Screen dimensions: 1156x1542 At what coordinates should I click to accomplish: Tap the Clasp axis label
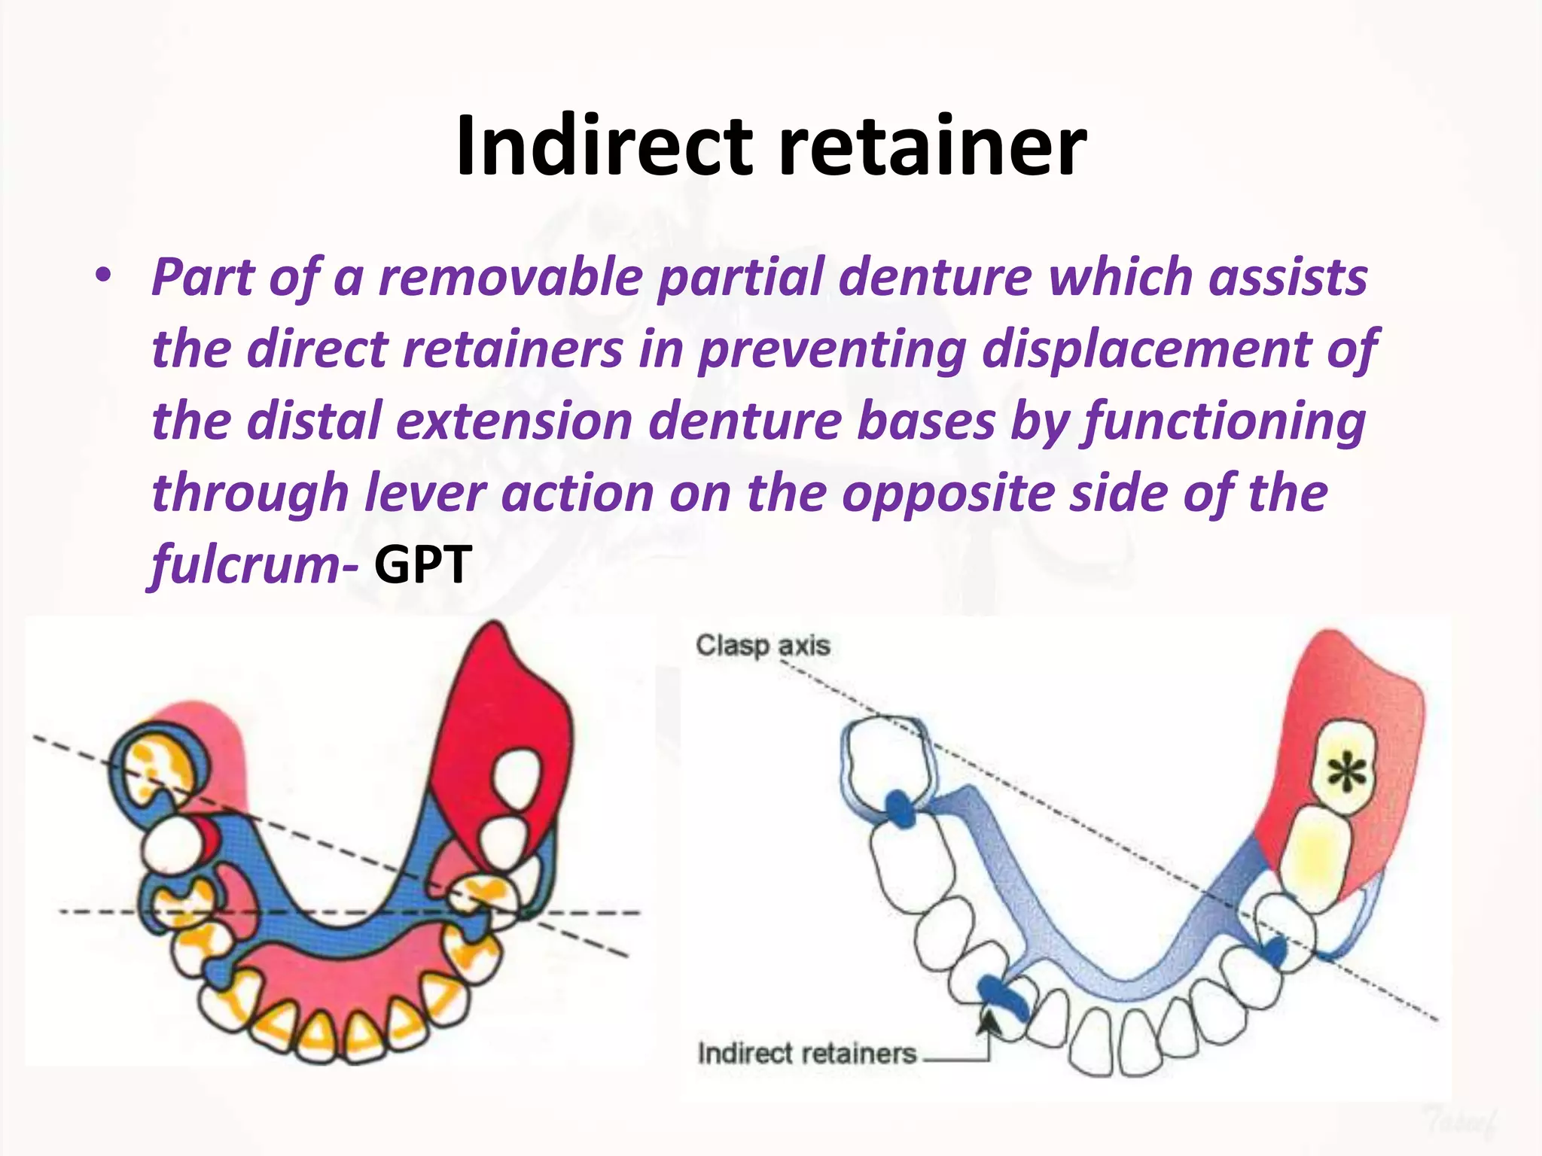pos(762,646)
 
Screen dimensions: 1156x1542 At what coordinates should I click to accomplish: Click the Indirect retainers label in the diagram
pos(806,1053)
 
